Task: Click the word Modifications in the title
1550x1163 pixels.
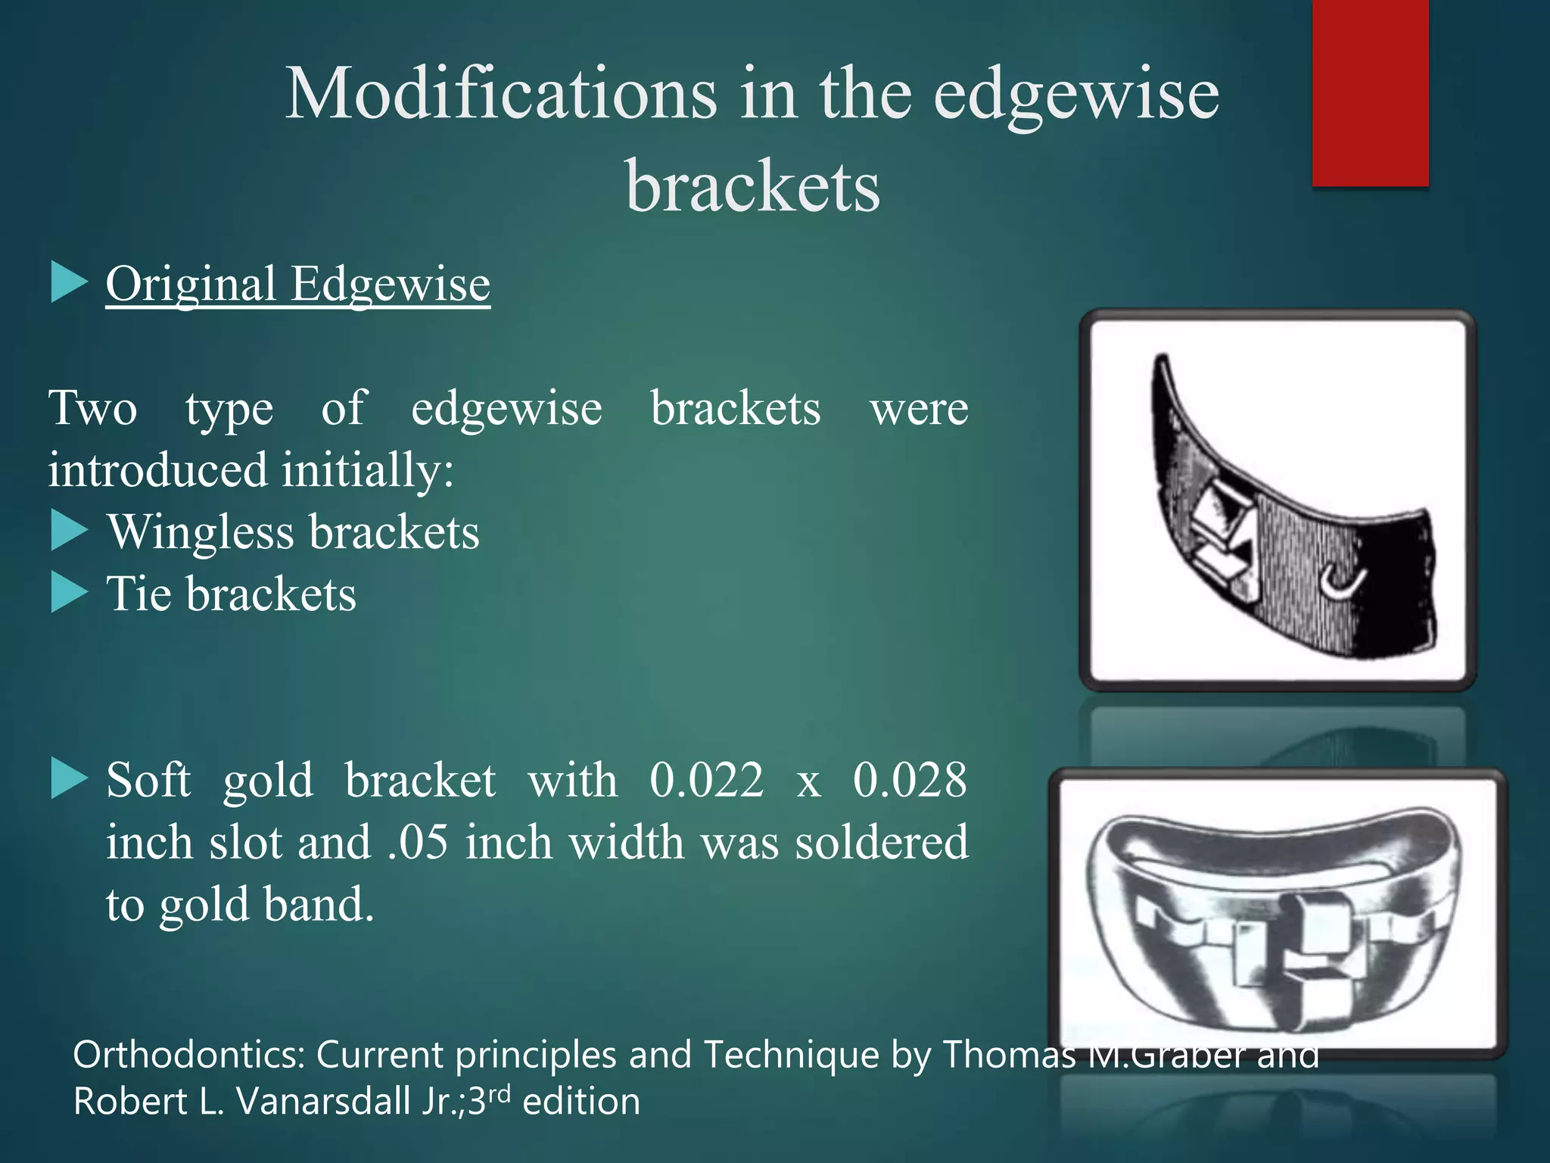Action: pos(500,94)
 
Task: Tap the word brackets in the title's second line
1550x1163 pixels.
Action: pos(753,186)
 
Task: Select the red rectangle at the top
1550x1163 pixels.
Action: pos(1370,92)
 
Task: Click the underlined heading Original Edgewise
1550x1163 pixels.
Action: pos(297,285)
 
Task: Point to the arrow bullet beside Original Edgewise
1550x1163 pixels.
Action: pos(69,282)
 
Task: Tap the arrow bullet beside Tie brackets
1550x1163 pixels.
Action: pos(69,593)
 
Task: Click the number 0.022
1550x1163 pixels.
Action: pos(706,780)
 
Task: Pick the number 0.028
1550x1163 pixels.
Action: pos(910,780)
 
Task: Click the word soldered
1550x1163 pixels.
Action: pos(882,842)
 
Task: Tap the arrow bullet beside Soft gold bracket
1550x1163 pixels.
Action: pos(69,779)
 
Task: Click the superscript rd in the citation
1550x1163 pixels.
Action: pos(499,1093)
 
